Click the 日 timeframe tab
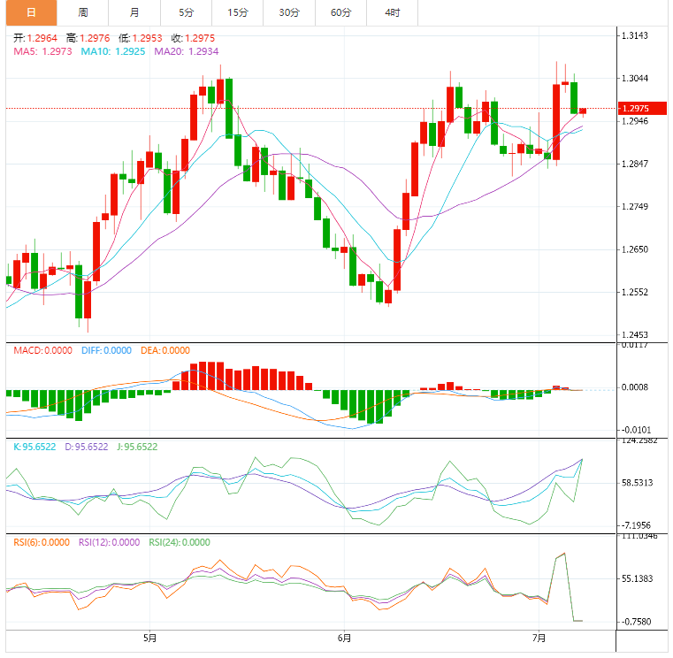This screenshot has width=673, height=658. [x=31, y=12]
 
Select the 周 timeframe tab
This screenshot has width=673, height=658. [x=82, y=12]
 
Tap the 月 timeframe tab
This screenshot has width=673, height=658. [x=134, y=12]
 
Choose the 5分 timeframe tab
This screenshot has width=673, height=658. [x=186, y=12]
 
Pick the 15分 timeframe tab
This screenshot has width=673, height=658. [x=237, y=12]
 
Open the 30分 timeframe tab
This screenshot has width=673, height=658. [x=288, y=12]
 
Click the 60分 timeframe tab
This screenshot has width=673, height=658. [x=340, y=12]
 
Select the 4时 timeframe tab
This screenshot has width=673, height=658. [x=392, y=12]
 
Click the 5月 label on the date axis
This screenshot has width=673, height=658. [x=149, y=637]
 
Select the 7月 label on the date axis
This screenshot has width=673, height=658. [x=539, y=637]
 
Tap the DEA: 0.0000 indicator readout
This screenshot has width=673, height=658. [x=166, y=350]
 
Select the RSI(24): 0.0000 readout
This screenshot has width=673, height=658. [x=180, y=542]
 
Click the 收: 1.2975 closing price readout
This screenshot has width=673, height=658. [x=193, y=38]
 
